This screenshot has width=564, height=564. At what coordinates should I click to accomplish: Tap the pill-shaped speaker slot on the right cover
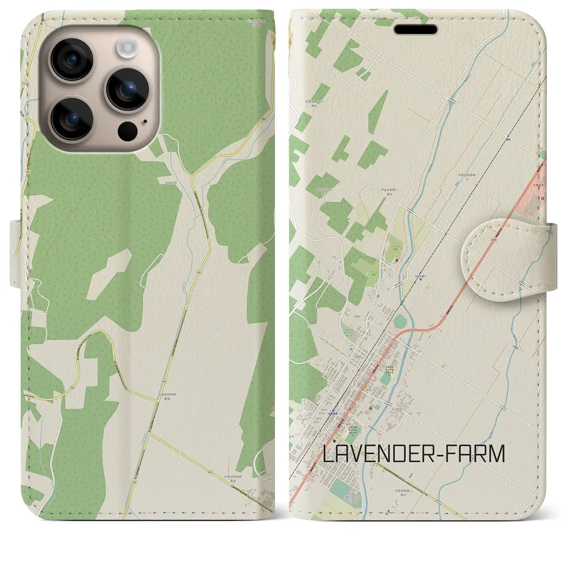click(x=416, y=30)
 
